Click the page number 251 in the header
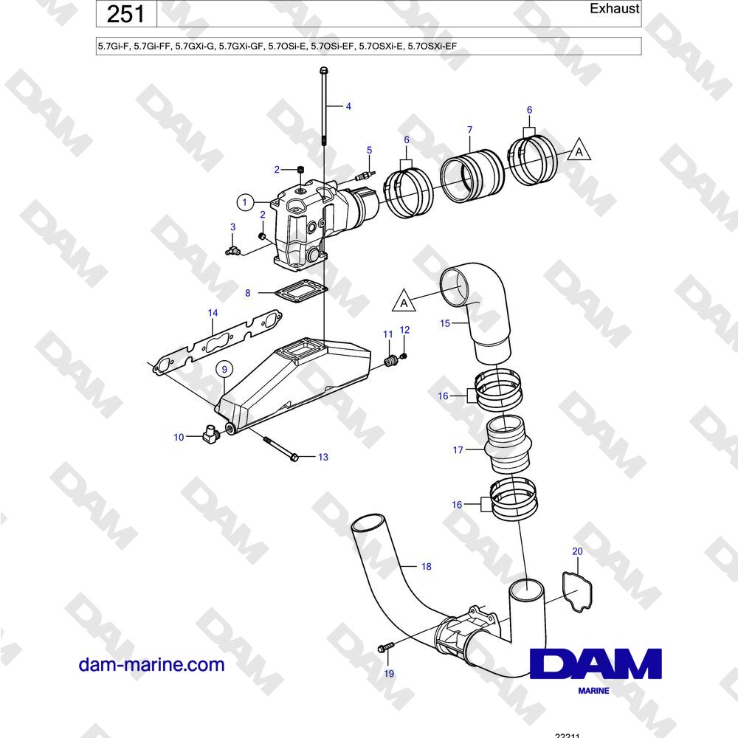[125, 13]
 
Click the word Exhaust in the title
[614, 8]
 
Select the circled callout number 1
[244, 202]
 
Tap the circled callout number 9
[224, 370]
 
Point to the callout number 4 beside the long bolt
[348, 106]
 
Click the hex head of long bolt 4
[323, 71]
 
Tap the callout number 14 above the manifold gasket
[213, 313]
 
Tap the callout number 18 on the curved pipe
[427, 566]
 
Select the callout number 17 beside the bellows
[458, 450]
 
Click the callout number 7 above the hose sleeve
[469, 129]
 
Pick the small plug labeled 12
[404, 356]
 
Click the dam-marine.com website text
[151, 665]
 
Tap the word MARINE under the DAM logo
[593, 691]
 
